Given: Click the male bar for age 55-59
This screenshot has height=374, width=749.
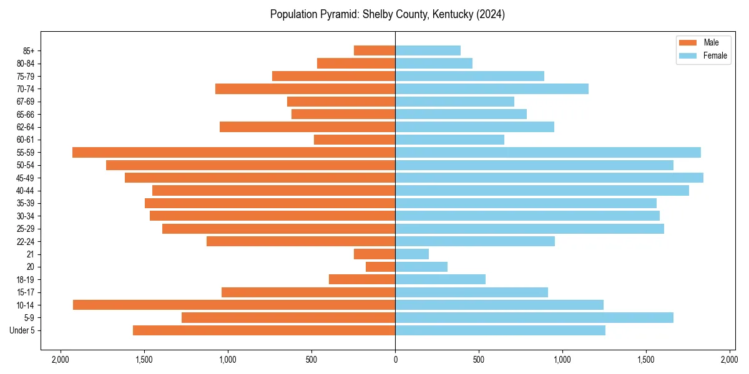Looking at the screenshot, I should click(x=234, y=152).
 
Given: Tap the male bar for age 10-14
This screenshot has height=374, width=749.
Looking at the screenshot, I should click(x=234, y=305).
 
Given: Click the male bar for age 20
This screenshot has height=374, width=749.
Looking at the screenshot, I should click(x=381, y=267).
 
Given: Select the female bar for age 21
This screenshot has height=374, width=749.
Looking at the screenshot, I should click(x=412, y=254).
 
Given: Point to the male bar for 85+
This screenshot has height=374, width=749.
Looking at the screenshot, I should click(x=374, y=50).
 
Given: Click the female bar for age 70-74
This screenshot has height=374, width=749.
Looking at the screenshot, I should click(x=492, y=89).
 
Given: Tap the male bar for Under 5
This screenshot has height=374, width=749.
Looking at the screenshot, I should click(x=264, y=330).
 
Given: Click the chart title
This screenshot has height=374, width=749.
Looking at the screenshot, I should click(x=387, y=14).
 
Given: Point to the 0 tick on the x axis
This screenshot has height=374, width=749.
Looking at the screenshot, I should click(x=395, y=360).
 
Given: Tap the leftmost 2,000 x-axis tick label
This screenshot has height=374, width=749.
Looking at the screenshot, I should click(x=61, y=360).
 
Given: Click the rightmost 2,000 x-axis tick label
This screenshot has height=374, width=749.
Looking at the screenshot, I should click(x=730, y=360).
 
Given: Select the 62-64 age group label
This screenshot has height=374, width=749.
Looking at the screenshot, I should click(x=26, y=127).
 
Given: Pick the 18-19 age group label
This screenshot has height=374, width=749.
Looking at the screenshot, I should click(x=26, y=279).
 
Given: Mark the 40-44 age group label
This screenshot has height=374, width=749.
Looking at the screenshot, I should click(x=26, y=191).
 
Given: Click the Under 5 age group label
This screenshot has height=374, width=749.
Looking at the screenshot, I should click(x=22, y=330).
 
